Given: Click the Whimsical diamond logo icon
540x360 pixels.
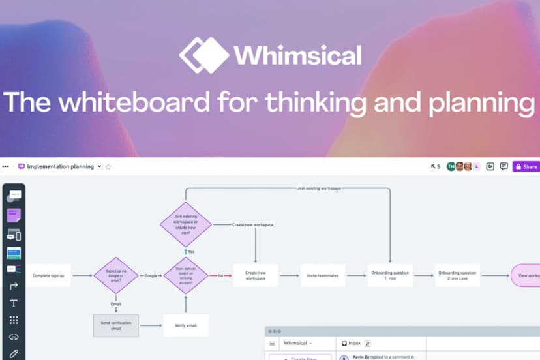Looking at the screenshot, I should tap(204, 55).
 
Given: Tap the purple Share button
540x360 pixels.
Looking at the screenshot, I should tap(526, 166).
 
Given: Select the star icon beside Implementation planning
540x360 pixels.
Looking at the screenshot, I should tap(108, 166).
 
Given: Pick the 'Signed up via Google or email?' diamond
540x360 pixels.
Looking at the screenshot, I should tap(115, 275).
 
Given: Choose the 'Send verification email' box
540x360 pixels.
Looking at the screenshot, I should tap(115, 325).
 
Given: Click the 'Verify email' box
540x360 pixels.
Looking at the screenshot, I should tap(186, 325).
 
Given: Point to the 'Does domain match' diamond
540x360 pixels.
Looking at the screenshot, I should tap(186, 275).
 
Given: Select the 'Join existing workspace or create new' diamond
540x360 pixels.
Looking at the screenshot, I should tap(186, 224).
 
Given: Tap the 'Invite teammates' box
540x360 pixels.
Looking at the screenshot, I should tap(323, 275).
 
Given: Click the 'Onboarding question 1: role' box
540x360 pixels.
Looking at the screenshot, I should tap(390, 275).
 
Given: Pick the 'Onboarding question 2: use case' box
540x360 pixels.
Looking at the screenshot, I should tap(457, 275).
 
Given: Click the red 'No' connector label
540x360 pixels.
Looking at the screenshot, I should tap(220, 275).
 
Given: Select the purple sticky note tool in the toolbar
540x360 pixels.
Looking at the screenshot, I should tap(14, 215).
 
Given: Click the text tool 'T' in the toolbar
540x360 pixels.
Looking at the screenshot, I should tap(14, 303).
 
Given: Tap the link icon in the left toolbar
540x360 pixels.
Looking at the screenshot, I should tap(14, 337).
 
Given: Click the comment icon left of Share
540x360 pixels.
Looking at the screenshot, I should tap(503, 166).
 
